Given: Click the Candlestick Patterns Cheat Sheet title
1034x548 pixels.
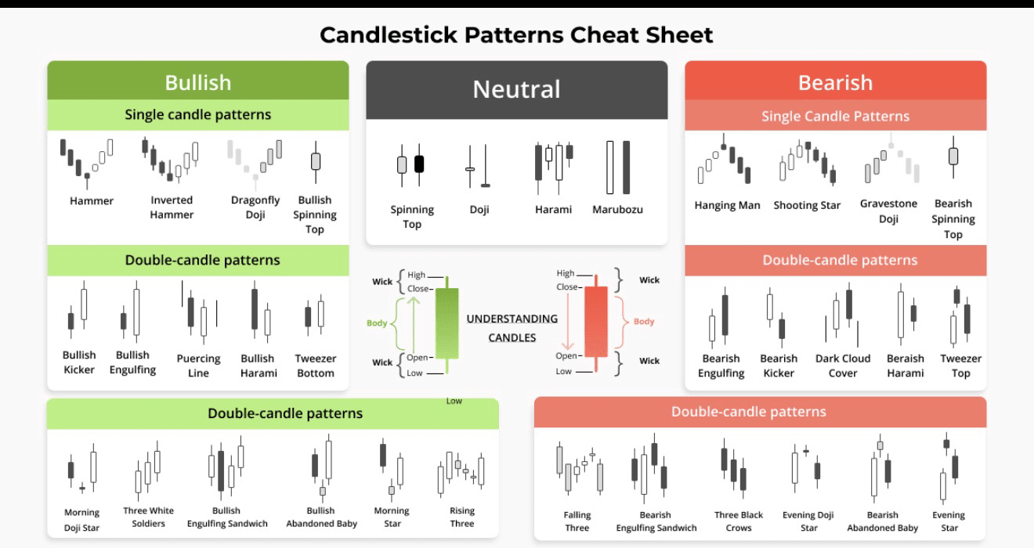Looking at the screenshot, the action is (516, 35).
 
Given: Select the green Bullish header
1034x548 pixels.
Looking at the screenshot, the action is (197, 82).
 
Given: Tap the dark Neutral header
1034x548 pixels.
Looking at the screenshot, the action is (516, 89).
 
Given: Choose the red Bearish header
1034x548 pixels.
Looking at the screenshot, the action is (835, 82).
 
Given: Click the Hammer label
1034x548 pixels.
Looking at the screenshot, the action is (92, 201).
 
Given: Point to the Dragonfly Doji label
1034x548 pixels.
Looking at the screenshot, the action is (255, 207).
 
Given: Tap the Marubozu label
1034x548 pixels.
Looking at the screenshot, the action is (617, 210).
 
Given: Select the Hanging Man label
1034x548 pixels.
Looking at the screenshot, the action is (727, 206).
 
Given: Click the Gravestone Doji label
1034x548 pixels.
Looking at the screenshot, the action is (888, 211).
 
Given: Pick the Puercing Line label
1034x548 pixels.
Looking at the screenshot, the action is (198, 366).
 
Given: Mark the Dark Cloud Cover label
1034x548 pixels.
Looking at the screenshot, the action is (843, 366).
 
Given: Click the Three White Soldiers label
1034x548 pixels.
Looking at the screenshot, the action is (149, 517).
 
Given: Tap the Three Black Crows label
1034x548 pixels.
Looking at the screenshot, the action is (739, 521).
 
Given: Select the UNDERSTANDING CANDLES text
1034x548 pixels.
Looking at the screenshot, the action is (512, 328).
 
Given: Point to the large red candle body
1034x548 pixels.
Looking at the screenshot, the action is (596, 320).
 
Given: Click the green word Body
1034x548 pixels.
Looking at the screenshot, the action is (377, 323).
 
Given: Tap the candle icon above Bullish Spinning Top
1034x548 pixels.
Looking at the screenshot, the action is (316, 160).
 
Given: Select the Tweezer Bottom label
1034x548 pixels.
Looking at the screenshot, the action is (316, 366).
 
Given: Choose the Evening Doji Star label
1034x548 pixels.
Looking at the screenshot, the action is (808, 521).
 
